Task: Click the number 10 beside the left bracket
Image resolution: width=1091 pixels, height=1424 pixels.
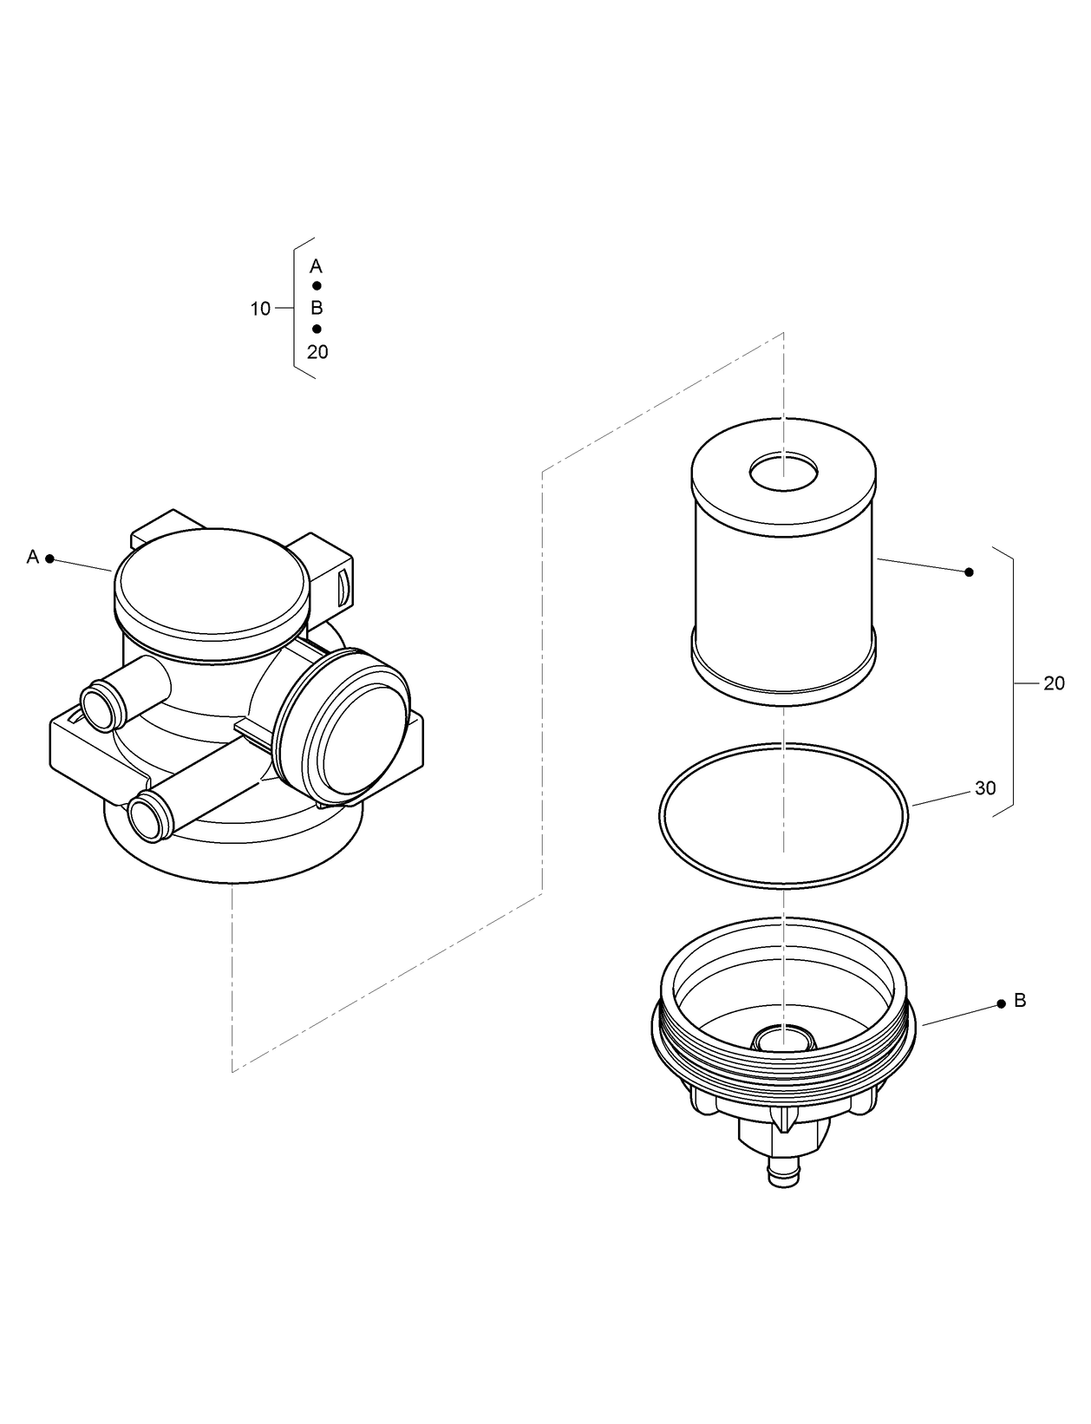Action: point(260,309)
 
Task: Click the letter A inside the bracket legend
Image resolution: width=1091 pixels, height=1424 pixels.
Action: point(317,266)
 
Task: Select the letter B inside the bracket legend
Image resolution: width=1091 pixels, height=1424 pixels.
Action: point(317,308)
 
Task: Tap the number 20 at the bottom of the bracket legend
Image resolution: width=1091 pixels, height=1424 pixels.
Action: point(317,352)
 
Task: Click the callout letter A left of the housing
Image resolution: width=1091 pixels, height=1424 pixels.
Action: point(33,557)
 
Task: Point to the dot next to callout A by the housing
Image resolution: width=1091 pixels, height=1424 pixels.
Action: point(50,559)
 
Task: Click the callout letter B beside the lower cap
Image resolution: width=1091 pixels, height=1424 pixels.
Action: point(1020,1001)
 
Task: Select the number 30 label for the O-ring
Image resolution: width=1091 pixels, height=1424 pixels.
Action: point(985,788)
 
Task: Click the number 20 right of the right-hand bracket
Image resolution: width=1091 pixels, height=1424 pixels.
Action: point(1054,683)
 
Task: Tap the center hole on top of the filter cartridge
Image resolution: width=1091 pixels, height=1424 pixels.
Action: point(783,473)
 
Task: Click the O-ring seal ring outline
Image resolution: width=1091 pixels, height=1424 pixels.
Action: point(662,815)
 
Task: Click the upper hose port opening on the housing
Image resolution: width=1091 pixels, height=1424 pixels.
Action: point(97,705)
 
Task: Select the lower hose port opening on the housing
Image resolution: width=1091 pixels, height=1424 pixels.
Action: point(145,816)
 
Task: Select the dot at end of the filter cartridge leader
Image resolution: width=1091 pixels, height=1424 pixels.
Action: point(970,572)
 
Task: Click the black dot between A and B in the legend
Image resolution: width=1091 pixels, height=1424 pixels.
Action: point(317,286)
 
